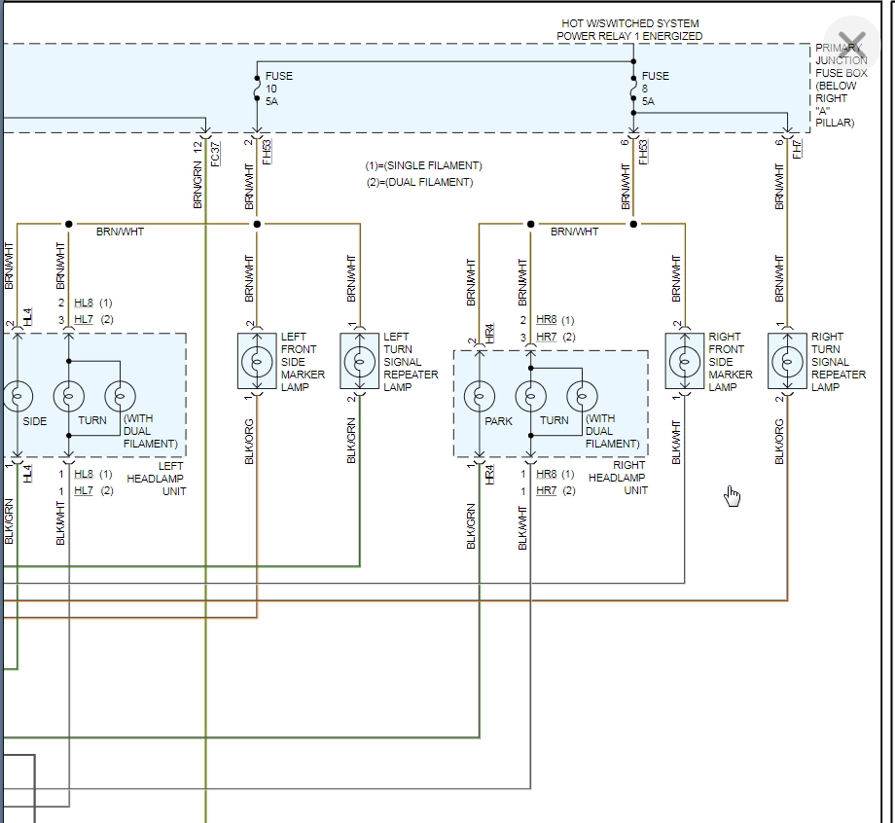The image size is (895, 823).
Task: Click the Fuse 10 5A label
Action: (x=277, y=89)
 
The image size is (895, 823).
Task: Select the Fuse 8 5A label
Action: (x=655, y=89)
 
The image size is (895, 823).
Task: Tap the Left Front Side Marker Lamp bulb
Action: (x=257, y=361)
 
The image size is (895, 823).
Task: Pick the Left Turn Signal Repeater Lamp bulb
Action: (x=359, y=361)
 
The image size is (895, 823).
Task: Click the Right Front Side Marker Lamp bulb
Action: (x=685, y=361)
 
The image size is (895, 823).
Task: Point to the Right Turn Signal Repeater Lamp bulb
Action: (x=787, y=361)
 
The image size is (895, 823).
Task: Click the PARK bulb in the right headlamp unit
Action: (x=479, y=396)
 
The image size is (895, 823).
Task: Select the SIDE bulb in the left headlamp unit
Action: (x=18, y=396)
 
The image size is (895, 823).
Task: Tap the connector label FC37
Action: (x=216, y=152)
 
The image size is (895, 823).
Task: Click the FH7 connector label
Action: (x=797, y=149)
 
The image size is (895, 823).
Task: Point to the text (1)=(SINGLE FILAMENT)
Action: (x=423, y=165)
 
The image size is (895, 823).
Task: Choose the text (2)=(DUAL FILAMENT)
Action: (x=419, y=182)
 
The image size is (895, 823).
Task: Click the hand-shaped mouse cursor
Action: (x=732, y=496)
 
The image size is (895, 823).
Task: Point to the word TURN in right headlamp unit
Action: (x=555, y=421)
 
